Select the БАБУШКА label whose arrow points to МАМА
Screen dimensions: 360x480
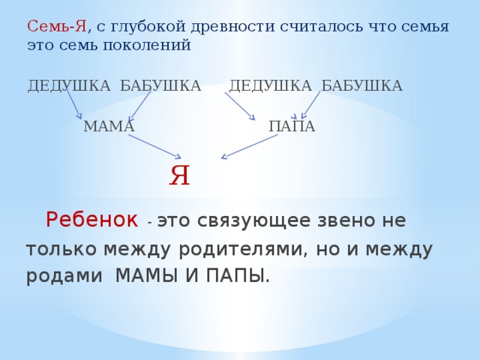(160, 85)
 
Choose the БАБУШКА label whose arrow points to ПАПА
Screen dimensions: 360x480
(361, 85)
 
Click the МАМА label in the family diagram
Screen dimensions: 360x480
(109, 127)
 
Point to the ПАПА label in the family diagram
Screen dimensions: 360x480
(292, 127)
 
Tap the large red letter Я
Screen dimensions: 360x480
(179, 176)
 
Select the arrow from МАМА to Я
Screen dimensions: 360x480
(155, 146)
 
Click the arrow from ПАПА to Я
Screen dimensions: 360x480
(249, 147)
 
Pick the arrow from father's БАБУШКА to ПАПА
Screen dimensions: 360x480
(310, 104)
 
